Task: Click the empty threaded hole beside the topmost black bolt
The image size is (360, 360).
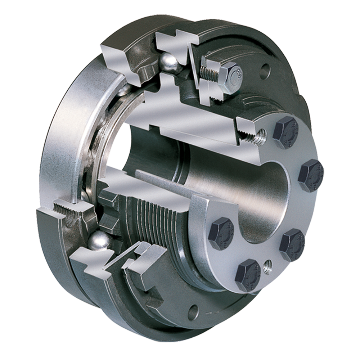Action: tap(260, 136)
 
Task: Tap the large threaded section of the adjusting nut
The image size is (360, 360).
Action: tap(155, 220)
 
